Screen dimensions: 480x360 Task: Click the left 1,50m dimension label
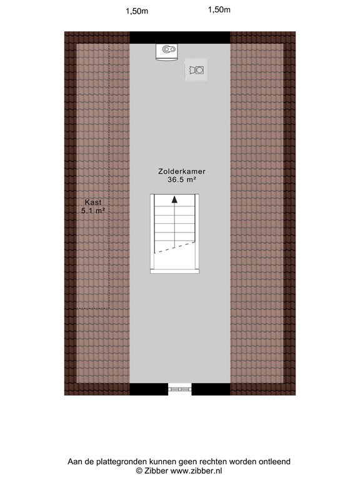[136, 11]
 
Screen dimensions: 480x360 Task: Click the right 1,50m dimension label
[219, 9]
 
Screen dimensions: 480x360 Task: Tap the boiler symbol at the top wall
[167, 51]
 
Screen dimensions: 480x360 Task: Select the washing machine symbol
[197, 70]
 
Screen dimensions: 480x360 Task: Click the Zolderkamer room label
[182, 171]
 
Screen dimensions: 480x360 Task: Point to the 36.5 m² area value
[182, 179]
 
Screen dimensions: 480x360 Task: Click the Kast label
[92, 202]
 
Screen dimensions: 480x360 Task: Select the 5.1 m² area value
[92, 211]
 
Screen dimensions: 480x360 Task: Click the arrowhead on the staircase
[174, 201]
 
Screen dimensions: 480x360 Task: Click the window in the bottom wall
[180, 389]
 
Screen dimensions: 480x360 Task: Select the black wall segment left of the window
[149, 389]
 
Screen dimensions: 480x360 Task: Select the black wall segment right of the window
[211, 389]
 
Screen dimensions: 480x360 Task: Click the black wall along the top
[180, 37]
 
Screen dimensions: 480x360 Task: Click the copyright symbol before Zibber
[139, 471]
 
